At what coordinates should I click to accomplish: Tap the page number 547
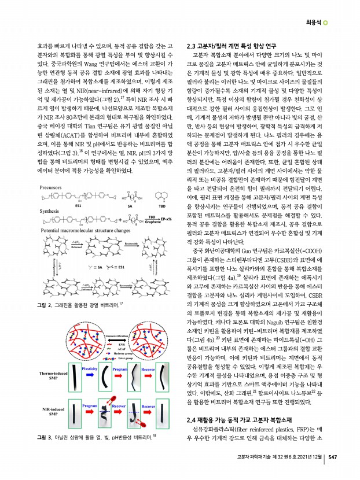(332, 472)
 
